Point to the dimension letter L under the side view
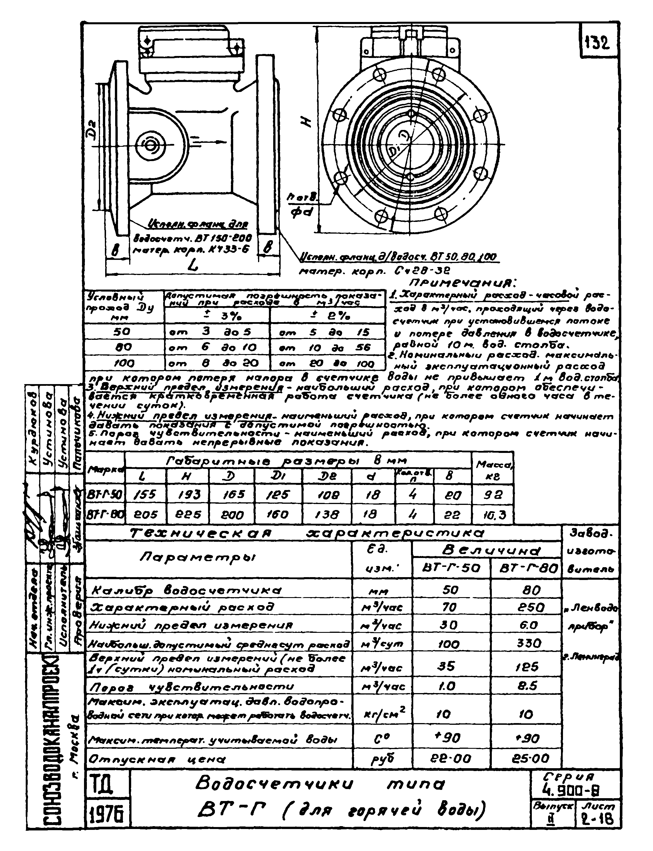point(193,266)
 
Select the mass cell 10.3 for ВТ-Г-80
point(492,515)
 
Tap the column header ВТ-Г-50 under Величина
point(451,568)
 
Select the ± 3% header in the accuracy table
point(217,316)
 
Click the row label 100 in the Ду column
point(124,364)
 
